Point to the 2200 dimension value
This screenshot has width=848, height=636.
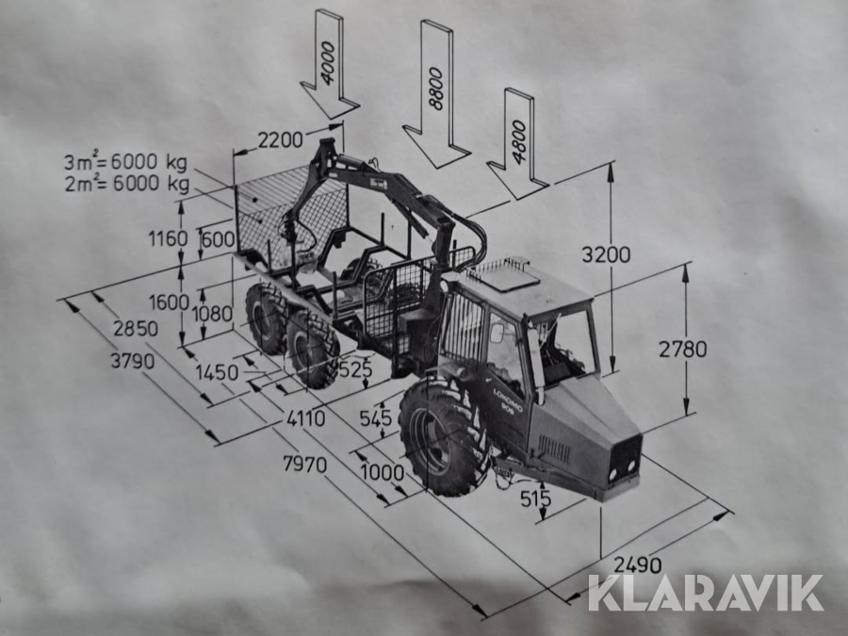pyautogui.click(x=280, y=140)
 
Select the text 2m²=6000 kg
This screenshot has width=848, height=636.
pyautogui.click(x=127, y=184)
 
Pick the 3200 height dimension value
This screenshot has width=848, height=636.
pyautogui.click(x=606, y=254)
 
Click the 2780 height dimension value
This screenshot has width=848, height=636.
pyautogui.click(x=682, y=349)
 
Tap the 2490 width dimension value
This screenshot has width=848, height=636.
pyautogui.click(x=638, y=564)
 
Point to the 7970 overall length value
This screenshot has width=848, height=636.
pyautogui.click(x=305, y=464)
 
